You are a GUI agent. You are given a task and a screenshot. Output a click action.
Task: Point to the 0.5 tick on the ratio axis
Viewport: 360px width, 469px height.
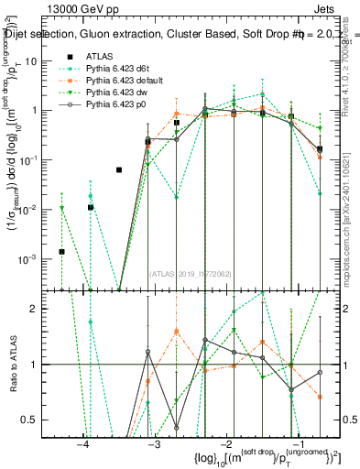35,420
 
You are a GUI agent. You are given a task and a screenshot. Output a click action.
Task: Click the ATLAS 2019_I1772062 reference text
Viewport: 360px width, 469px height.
191,273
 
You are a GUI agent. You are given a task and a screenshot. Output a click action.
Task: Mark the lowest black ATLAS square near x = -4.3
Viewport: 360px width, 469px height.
61,252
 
